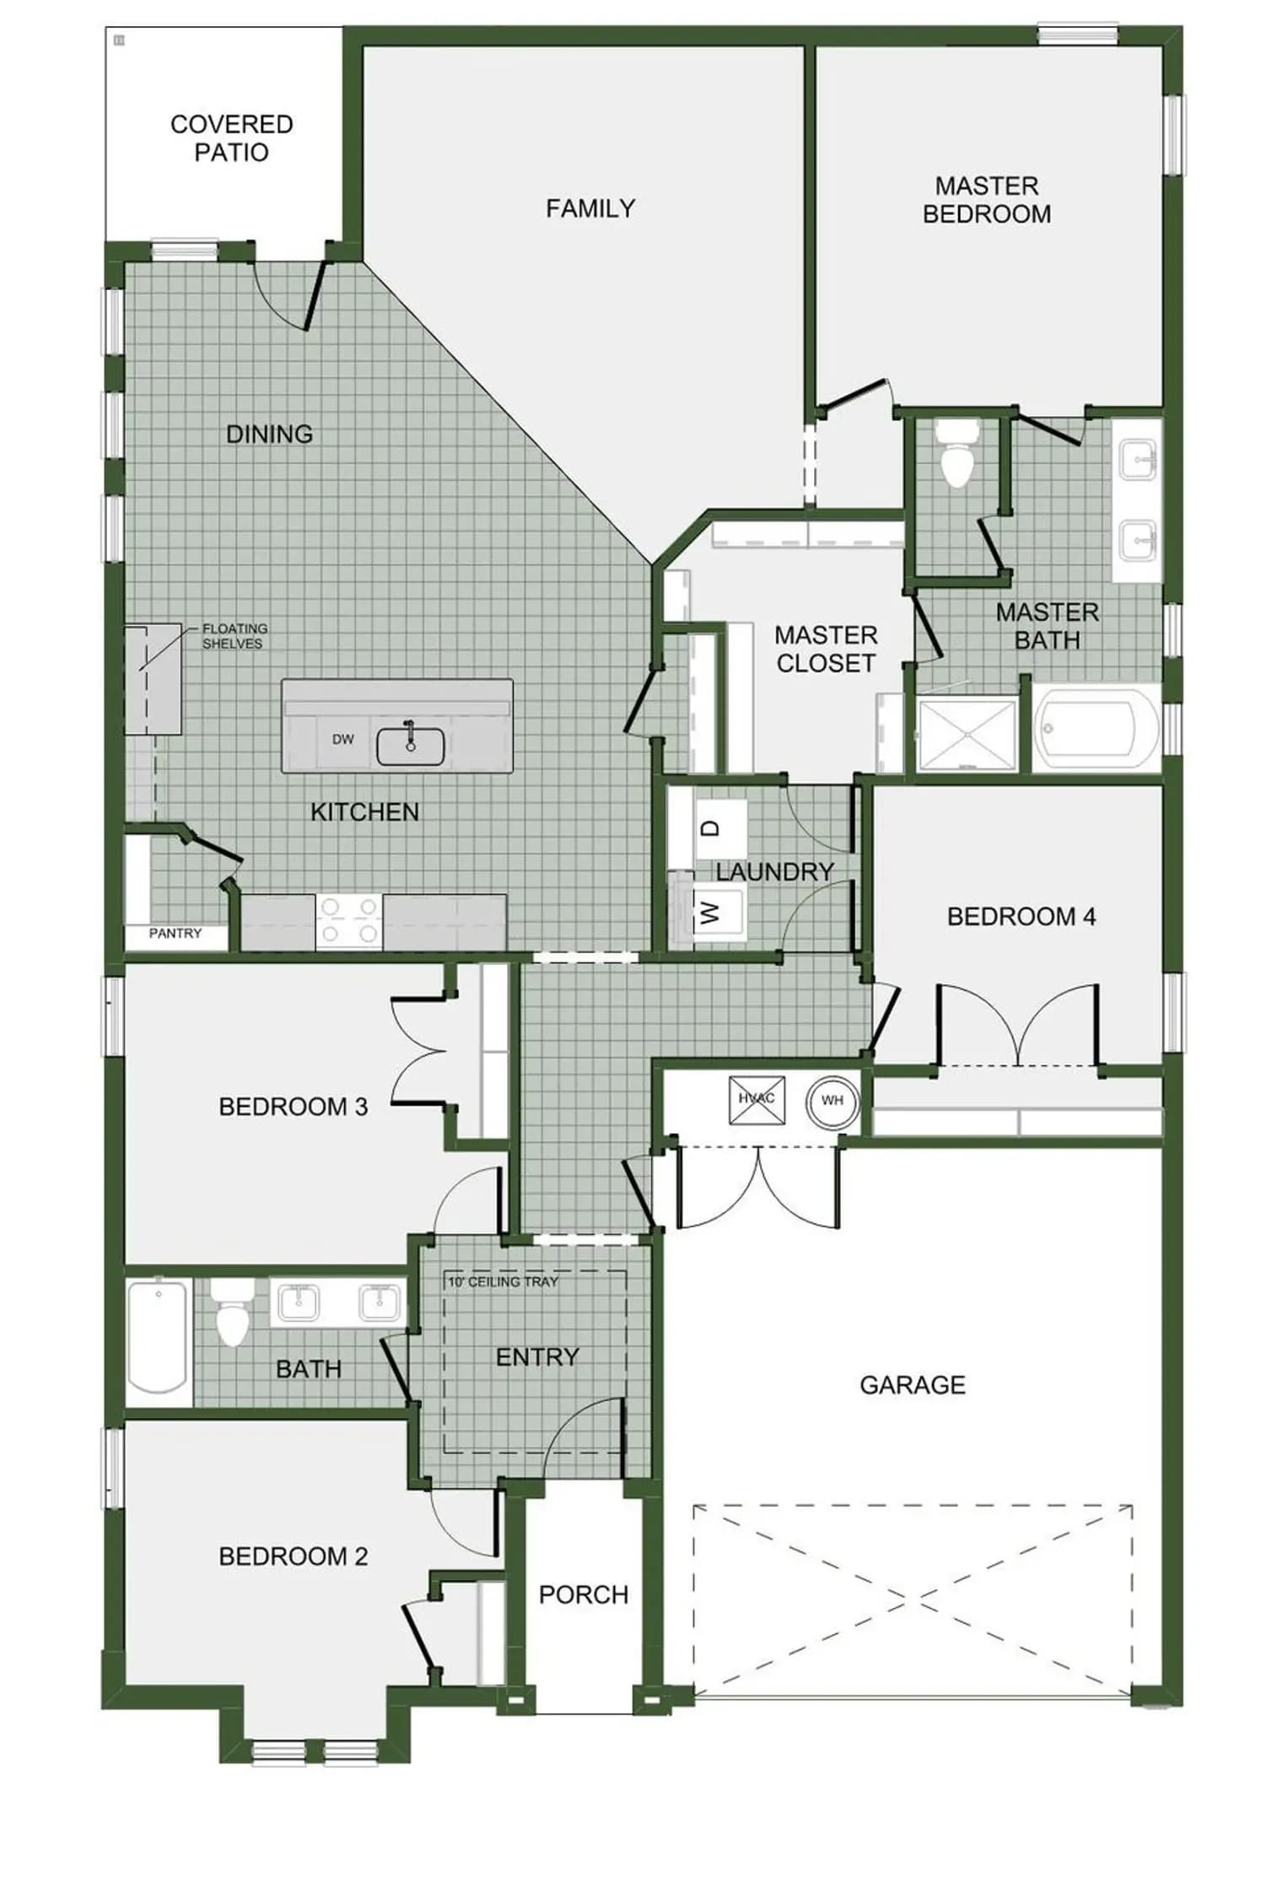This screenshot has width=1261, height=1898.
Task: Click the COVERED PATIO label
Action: pyautogui.click(x=231, y=138)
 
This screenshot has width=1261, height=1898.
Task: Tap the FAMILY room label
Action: pyautogui.click(x=590, y=208)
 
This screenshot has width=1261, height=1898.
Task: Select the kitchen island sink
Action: pyautogui.click(x=410, y=746)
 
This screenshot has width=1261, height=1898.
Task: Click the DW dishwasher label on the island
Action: pyautogui.click(x=342, y=739)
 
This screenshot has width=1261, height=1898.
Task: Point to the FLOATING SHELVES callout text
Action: pyautogui.click(x=234, y=636)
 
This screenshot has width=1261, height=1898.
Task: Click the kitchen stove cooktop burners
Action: pyautogui.click(x=349, y=920)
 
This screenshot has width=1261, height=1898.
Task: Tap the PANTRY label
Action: pyautogui.click(x=175, y=933)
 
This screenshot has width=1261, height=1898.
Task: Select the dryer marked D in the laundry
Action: pyautogui.click(x=719, y=829)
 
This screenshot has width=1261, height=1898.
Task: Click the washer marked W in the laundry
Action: pyautogui.click(x=717, y=912)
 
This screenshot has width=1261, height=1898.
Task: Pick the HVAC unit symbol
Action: pyautogui.click(x=757, y=1099)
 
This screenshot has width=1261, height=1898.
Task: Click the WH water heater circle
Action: pyautogui.click(x=832, y=1100)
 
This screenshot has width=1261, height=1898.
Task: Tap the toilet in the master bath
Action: pyautogui.click(x=957, y=454)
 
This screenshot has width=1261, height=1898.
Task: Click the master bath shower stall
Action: pyautogui.click(x=967, y=733)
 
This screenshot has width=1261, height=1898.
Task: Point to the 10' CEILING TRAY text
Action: pyautogui.click(x=503, y=1281)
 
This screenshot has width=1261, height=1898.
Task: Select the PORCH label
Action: pyautogui.click(x=584, y=1594)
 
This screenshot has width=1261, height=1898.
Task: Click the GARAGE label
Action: pyautogui.click(x=913, y=1384)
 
